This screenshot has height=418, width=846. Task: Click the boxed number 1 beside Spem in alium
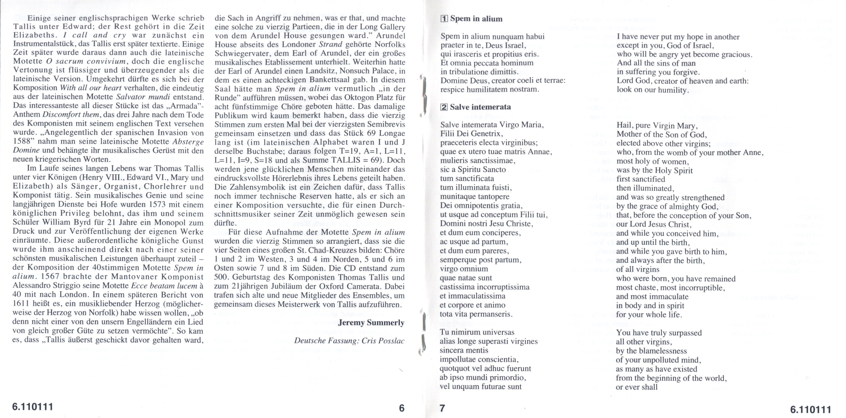click(x=444, y=19)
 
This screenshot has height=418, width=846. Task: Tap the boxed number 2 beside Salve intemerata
click(x=444, y=107)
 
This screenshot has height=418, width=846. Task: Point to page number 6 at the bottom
click(x=401, y=408)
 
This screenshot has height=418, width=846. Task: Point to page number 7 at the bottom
click(x=442, y=408)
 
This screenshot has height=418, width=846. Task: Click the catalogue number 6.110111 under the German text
click(x=33, y=407)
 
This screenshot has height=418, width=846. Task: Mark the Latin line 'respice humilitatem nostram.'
click(x=490, y=89)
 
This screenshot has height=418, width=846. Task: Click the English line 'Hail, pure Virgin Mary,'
click(x=656, y=126)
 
